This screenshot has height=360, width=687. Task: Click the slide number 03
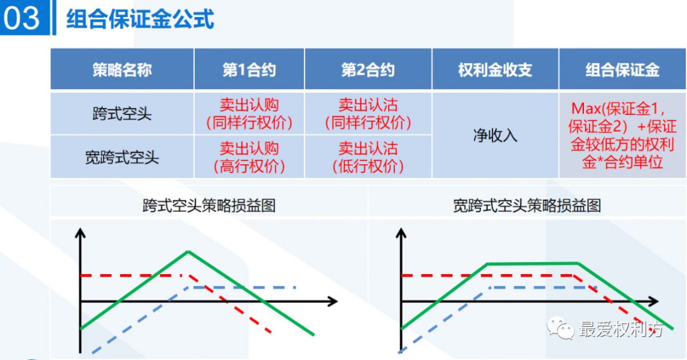point(22,18)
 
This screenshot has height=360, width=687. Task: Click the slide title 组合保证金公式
point(140,18)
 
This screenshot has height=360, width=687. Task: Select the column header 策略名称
point(122,69)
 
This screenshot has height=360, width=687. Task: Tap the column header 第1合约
point(249,69)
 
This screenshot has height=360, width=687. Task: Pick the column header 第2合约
point(368,69)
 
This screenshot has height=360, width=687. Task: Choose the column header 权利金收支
point(495,69)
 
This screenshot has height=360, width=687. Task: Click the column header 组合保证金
point(622,69)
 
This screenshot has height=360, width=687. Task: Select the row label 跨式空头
point(122,114)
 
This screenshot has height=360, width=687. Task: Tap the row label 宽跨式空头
point(122,156)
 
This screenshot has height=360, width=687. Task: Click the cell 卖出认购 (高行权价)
point(249,157)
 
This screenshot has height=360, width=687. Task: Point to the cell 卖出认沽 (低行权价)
point(368,157)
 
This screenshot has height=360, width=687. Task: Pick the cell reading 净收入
point(495,135)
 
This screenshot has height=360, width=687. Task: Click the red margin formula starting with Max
point(622,134)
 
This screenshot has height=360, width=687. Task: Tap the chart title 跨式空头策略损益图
point(209,205)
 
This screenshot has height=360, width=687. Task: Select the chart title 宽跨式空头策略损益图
point(527,205)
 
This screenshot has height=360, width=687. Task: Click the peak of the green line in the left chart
point(188,252)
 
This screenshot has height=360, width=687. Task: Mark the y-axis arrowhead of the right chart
point(401,233)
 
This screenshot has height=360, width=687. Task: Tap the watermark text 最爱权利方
point(621,329)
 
